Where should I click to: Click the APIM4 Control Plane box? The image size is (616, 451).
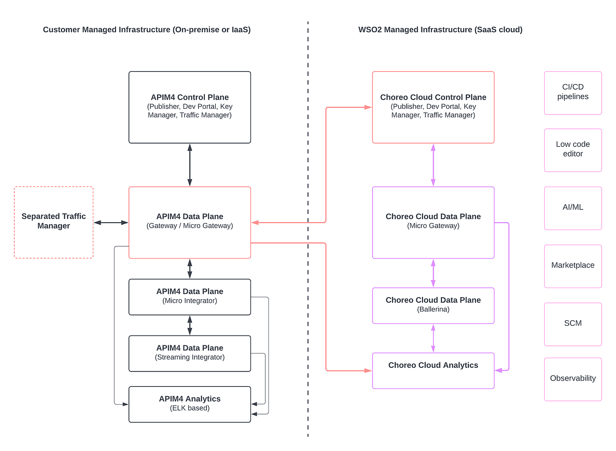pos(189,107)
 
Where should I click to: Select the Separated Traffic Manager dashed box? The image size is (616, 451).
pos(54,222)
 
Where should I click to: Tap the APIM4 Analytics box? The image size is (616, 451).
pos(189,404)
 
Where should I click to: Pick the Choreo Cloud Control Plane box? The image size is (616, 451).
pos(433,107)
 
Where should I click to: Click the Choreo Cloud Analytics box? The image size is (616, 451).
pos(433,370)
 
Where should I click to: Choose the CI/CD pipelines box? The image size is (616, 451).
pos(572,92)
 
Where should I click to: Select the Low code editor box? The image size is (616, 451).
pos(572,149)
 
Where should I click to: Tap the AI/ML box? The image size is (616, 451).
pos(572,207)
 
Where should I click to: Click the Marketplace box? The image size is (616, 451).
pos(572,265)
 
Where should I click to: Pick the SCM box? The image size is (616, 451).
pos(572,323)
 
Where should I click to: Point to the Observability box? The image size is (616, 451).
pos(572,379)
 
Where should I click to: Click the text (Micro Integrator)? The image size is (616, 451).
pos(189,301)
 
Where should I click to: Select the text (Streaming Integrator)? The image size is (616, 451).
pos(189,357)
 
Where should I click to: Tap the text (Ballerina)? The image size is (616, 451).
pos(433,309)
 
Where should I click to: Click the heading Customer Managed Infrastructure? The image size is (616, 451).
pos(146,30)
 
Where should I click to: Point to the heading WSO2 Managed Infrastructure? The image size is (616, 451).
pos(440,30)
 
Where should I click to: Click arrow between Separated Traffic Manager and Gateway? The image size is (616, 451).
pos(111,222)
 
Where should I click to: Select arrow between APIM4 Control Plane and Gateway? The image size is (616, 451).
pos(189,165)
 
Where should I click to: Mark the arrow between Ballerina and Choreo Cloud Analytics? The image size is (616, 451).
pos(433,338)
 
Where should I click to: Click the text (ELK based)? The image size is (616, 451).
pos(189,408)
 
